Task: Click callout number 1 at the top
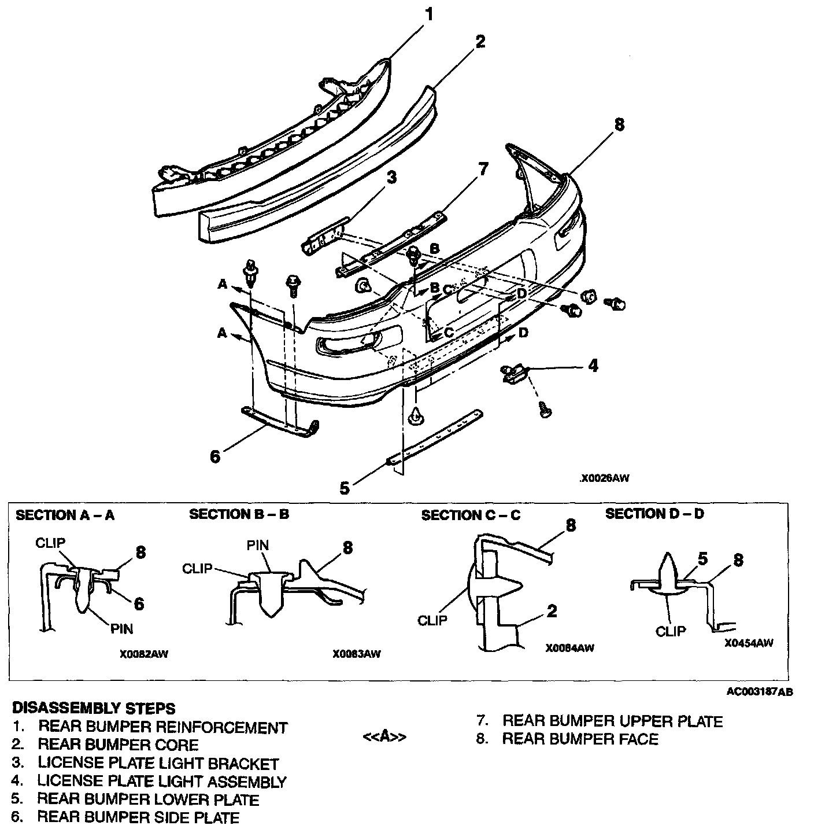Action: click(428, 14)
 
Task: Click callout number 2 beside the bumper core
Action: click(479, 42)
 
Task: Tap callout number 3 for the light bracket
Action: click(391, 177)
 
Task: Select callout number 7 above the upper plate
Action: click(483, 170)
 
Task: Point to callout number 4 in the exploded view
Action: click(593, 366)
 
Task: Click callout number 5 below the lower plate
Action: click(345, 488)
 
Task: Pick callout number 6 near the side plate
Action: click(214, 456)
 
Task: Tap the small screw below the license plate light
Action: click(545, 410)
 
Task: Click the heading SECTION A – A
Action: click(65, 515)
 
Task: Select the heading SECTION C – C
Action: click(471, 515)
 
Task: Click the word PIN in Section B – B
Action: click(257, 545)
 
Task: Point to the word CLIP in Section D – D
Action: click(670, 631)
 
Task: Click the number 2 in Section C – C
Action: click(552, 611)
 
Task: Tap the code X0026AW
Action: click(605, 478)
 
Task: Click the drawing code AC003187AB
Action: click(760, 692)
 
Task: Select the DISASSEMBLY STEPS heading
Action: click(93, 708)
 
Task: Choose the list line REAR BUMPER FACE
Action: click(580, 739)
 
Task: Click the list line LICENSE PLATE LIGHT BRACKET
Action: click(158, 764)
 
